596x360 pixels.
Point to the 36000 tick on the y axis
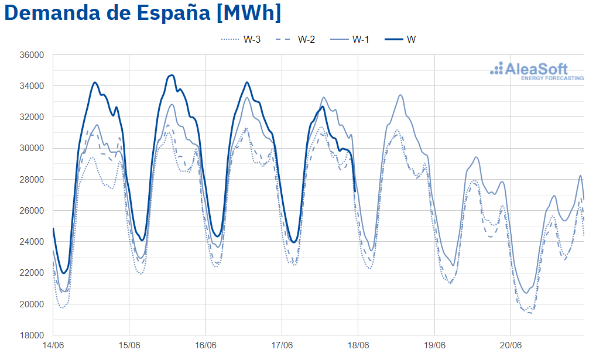[32, 55]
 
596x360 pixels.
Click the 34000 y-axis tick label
[32, 86]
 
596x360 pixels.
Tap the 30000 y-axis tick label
[32, 148]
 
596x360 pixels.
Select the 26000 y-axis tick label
[32, 211]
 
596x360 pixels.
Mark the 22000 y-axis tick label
[32, 273]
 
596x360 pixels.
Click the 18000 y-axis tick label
[32, 335]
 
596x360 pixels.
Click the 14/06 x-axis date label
[53, 346]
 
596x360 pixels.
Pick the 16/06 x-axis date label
[205, 346]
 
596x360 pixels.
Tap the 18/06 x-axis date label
[358, 346]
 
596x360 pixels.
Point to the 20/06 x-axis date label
[511, 346]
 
